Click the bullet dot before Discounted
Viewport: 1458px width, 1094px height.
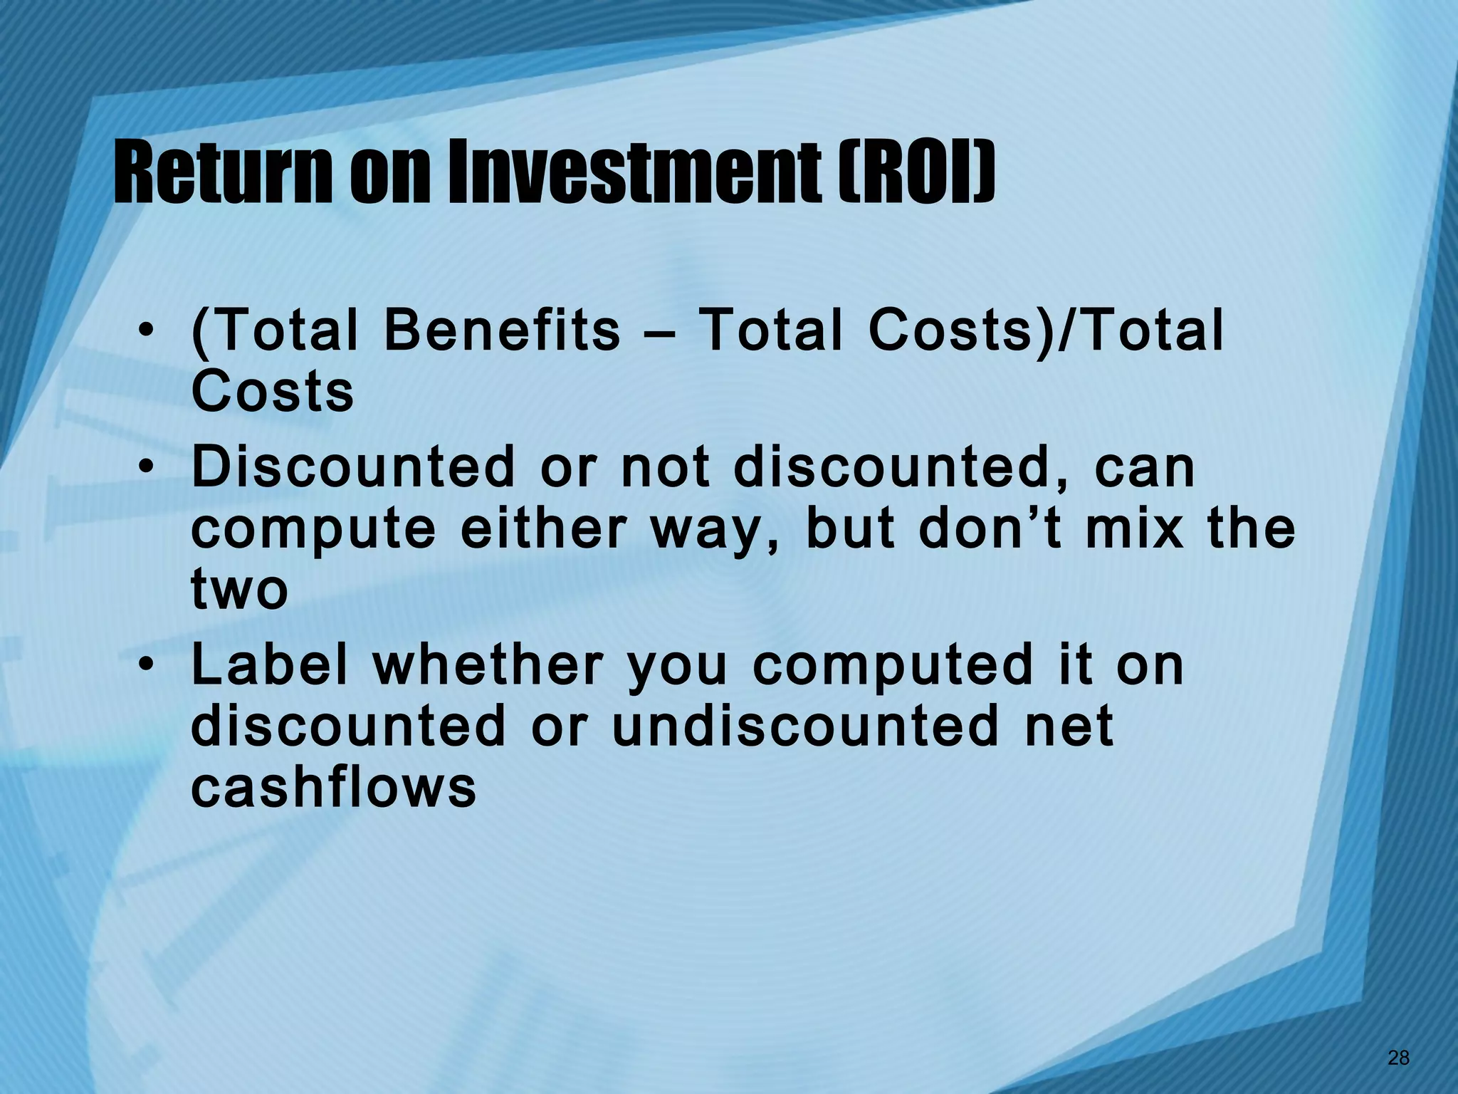click(145, 468)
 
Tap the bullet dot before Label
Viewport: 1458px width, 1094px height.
click(145, 666)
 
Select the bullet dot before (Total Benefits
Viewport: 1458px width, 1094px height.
click(145, 331)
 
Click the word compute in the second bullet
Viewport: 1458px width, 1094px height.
click(313, 531)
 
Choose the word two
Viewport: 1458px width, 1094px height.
click(240, 591)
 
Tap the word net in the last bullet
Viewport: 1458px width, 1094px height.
click(1068, 728)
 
